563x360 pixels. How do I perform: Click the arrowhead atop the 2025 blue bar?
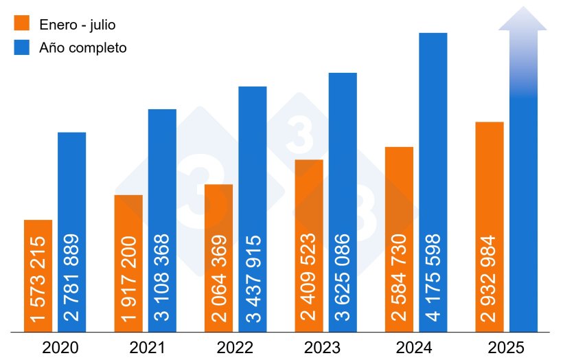pos(522,20)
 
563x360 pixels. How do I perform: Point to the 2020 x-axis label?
pos(60,348)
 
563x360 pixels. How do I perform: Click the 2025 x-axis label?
pos(505,348)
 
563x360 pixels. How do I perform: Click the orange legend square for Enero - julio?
pos(22,24)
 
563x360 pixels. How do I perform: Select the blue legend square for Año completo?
pos(22,48)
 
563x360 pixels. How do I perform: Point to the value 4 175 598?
pos(433,278)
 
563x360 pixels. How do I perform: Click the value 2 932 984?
pos(489,278)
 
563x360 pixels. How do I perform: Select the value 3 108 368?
pos(162,278)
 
